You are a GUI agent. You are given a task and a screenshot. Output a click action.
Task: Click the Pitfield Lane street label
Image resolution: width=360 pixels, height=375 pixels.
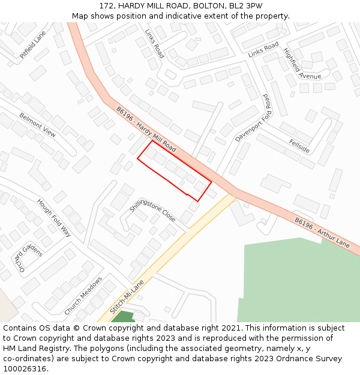tap(32, 45)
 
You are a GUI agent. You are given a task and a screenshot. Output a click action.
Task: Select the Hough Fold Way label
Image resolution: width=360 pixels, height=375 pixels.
tap(54, 218)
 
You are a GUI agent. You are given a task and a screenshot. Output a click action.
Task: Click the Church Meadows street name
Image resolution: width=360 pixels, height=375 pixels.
tap(83, 296)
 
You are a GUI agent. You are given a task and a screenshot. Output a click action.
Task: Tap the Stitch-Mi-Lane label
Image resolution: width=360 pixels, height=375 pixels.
tap(128, 298)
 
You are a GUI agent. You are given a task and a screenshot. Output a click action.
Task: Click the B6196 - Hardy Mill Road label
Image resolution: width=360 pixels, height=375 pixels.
tap(146, 129)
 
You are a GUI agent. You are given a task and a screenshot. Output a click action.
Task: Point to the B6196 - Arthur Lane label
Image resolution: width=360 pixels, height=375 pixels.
tap(322, 233)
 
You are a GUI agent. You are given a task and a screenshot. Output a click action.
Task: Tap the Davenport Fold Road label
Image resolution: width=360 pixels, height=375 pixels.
tap(254, 118)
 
